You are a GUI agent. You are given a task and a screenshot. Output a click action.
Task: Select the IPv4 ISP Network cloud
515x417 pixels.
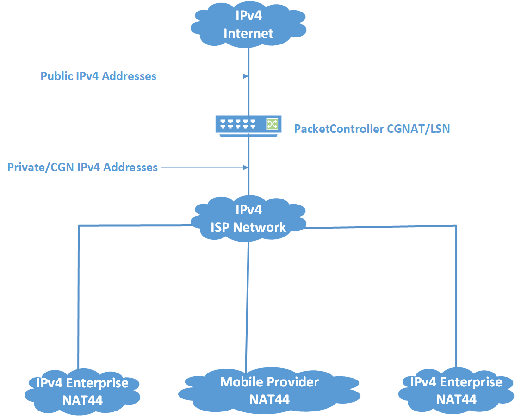(248, 218)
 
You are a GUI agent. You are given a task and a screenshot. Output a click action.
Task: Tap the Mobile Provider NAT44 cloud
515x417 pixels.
(269, 390)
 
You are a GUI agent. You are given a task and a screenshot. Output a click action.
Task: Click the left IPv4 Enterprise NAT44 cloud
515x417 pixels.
(83, 391)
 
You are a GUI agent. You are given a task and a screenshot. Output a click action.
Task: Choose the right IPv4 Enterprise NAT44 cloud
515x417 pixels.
(456, 390)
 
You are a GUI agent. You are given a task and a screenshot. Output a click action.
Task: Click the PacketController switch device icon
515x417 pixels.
(248, 124)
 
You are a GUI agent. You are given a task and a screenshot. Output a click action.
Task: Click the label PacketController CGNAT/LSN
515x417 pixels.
(372, 129)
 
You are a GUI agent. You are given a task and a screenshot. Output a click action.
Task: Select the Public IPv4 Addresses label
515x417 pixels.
(99, 76)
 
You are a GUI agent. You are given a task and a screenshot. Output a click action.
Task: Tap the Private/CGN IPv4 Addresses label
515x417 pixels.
(82, 167)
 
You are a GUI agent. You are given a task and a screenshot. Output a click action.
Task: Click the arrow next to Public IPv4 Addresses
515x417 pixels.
(204, 76)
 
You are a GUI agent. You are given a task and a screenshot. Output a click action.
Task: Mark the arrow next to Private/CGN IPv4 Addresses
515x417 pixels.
(204, 167)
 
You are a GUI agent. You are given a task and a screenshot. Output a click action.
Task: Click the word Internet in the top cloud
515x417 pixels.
(248, 33)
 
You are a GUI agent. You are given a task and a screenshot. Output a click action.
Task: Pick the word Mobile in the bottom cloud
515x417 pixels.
(242, 382)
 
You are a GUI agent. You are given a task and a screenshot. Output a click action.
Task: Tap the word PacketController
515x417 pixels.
(339, 129)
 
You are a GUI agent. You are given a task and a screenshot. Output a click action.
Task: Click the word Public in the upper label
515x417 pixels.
(57, 76)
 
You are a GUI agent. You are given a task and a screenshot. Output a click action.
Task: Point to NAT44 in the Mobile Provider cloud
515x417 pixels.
(269, 398)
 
